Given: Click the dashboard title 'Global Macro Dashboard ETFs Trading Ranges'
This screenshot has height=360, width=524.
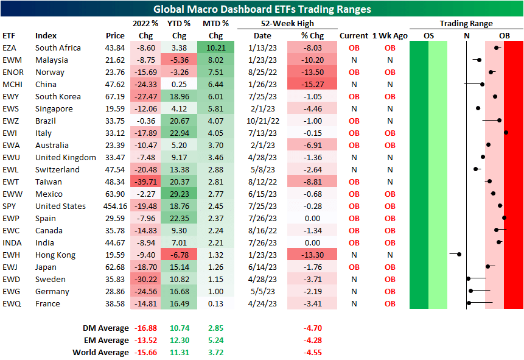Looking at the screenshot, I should tap(262, 9).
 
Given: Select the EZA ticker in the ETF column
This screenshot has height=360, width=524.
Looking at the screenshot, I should tap(10, 48).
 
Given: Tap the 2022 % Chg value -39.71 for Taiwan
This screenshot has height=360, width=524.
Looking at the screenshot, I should tap(145, 182).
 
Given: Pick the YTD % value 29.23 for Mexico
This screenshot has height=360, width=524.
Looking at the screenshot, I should tap(180, 194).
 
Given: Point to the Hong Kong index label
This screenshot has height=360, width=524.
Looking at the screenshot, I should tap(54, 255).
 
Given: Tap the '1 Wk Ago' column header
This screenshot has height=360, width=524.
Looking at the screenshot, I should tap(390, 36).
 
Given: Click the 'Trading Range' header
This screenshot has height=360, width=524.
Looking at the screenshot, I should tap(466, 24).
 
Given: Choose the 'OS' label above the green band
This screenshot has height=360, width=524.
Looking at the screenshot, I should tap(428, 36).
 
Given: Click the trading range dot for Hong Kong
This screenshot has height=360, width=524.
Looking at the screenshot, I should tap(459, 254).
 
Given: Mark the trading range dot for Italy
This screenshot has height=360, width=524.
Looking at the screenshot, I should tap(506, 132).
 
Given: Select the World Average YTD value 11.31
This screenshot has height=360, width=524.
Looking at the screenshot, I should tap(180, 352).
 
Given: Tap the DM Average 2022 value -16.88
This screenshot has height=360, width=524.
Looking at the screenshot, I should tap(145, 328).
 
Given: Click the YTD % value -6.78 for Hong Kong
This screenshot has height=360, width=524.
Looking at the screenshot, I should tap(180, 255).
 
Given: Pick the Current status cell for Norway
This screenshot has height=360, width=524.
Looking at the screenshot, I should tap(354, 72).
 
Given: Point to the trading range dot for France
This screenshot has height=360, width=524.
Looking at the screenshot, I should tap(469, 303).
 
